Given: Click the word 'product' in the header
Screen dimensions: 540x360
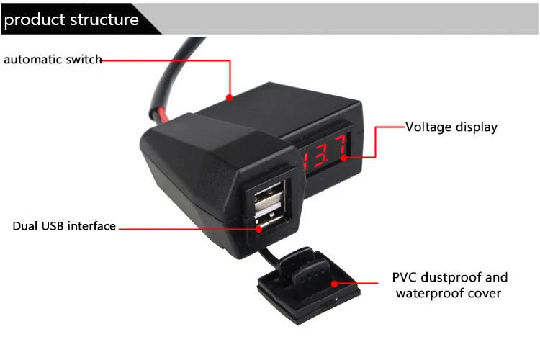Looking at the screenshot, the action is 34,19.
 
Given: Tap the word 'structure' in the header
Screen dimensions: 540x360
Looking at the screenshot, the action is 104,19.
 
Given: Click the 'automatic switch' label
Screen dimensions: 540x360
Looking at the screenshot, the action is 53,60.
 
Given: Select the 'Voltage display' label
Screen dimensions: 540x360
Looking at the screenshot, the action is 451,127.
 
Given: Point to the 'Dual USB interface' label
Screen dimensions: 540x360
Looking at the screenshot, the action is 64,226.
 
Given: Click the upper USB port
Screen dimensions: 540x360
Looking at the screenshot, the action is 271,194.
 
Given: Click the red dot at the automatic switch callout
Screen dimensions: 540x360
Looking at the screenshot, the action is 230,96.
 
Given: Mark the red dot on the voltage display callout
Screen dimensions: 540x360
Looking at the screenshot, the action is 345,156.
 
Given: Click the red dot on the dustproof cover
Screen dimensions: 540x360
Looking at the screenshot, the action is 335,284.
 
